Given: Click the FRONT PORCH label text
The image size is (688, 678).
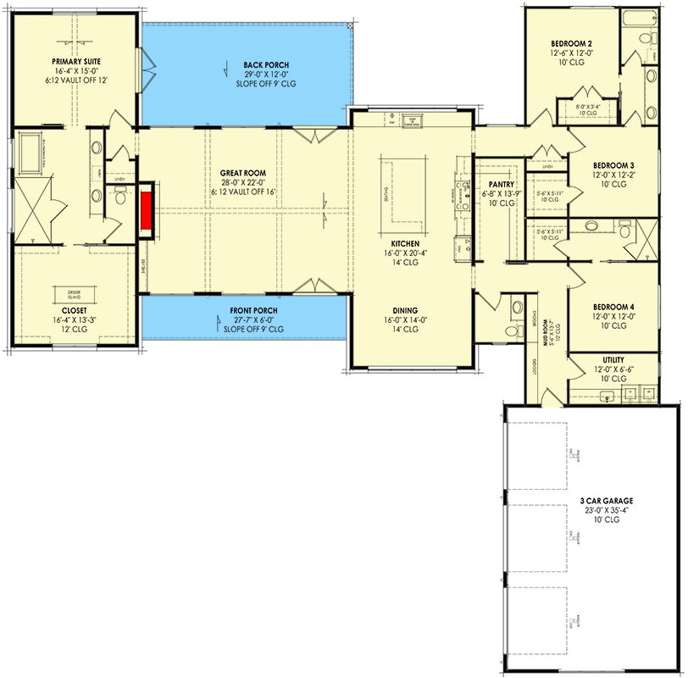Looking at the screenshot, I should point(253,311).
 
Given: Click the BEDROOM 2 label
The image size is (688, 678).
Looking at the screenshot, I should point(570,42).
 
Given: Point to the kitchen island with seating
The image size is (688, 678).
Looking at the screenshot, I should point(392,187).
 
